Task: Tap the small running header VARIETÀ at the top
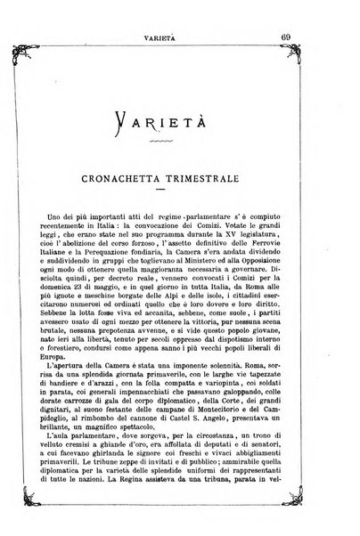coord(179,13)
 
